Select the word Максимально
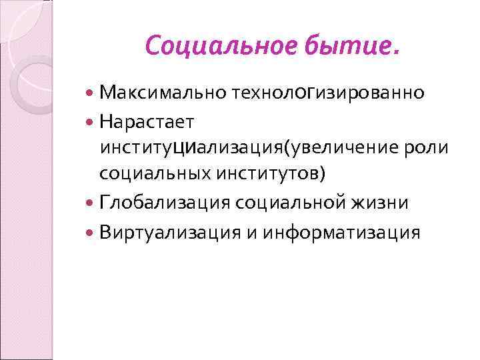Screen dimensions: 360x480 pyautogui.click(x=162, y=93)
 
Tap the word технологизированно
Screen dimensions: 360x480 pyautogui.click(x=327, y=93)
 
